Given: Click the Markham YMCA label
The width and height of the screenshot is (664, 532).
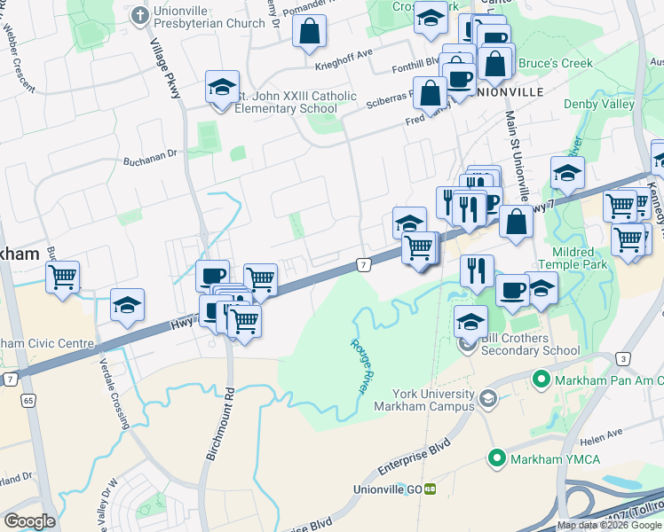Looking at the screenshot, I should click(x=542, y=458).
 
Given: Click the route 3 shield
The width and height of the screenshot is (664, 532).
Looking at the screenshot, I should click(x=625, y=357).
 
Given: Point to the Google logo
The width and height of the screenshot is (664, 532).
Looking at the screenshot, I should click(x=29, y=520).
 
